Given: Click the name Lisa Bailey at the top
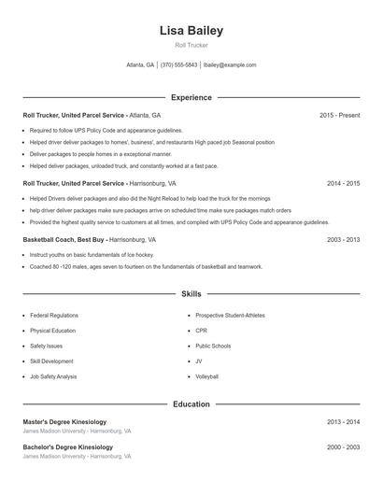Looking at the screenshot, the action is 191,30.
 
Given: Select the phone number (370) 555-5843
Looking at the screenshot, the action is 178,65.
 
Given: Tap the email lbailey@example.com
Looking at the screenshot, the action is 230,65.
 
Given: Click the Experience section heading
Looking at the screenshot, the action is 191,97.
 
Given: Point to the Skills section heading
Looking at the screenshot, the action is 191,294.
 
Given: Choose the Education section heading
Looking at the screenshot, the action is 191,404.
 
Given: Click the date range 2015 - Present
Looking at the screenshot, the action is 339,115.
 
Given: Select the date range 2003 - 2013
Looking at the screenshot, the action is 343,240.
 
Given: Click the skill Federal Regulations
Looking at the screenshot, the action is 53,316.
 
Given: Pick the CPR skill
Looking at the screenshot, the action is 201,331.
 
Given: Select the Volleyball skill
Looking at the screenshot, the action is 206,376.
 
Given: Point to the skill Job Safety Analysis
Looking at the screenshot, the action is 53,376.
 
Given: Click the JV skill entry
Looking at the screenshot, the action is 199,361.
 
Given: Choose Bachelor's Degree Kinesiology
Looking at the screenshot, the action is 67,447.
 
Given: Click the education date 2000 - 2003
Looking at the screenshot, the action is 343,447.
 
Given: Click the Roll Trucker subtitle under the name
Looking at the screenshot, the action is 191,45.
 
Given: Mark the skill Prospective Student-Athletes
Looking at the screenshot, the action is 230,316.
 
